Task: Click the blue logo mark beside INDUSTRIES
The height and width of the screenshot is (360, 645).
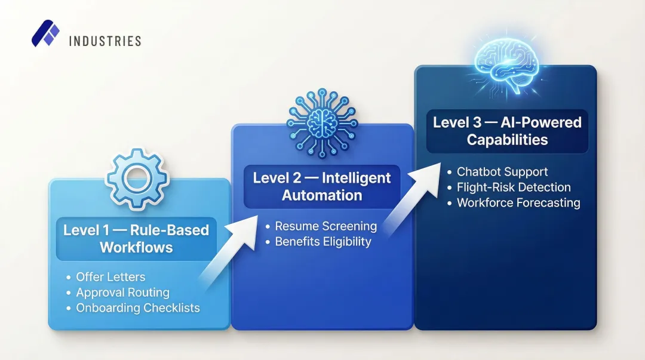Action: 45,34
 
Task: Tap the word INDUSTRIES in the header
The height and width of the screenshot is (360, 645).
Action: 105,41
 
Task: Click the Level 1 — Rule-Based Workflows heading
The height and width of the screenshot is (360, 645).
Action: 136,239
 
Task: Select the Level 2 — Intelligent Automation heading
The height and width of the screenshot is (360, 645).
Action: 322,186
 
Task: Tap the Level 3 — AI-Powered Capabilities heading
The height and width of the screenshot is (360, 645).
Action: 507,131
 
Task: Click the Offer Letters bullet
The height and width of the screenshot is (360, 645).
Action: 110,277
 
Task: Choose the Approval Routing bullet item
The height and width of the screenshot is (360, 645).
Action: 122,293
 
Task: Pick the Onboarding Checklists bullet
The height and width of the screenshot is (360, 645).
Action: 137,308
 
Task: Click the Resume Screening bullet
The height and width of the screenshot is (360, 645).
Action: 325,226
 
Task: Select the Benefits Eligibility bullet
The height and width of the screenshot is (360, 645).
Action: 322,242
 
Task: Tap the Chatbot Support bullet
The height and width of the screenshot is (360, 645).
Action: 502,171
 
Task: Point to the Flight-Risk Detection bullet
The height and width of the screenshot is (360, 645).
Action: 514,187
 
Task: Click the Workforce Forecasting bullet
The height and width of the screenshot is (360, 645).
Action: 518,202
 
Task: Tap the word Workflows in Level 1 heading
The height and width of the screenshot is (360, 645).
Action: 136,247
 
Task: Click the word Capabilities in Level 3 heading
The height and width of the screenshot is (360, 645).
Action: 507,140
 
